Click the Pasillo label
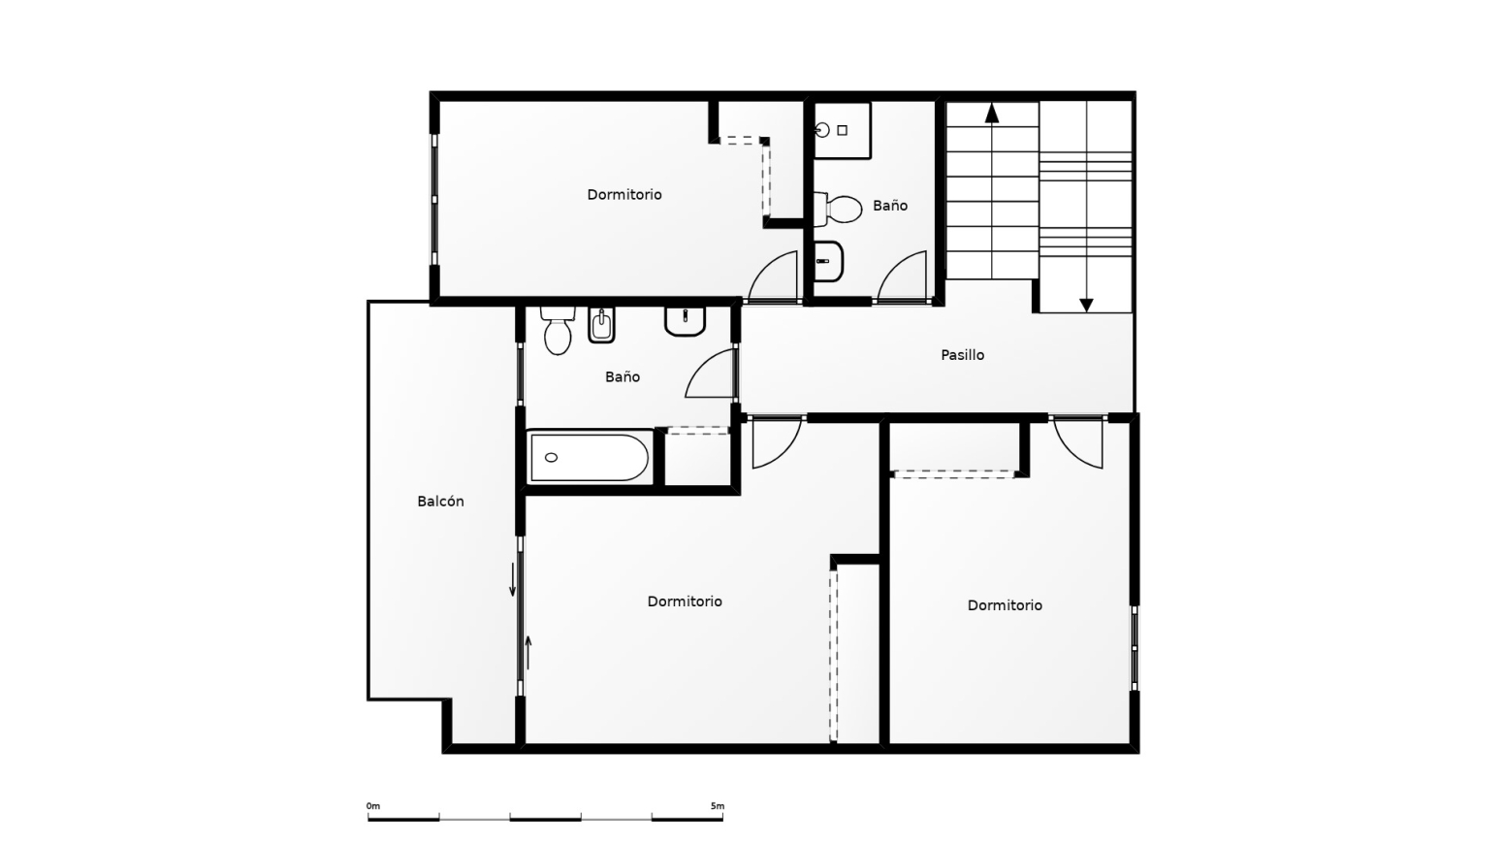[962, 355]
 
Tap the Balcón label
[440, 502]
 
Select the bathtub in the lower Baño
[589, 458]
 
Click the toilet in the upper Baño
[838, 209]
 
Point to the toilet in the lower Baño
[558, 330]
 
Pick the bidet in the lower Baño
[601, 325]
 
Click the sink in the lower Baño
[685, 321]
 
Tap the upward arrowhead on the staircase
[992, 113]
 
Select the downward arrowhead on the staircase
[1086, 306]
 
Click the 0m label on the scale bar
[373, 806]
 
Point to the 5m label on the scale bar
[718, 806]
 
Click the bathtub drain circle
[551, 458]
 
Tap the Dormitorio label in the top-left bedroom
[624, 195]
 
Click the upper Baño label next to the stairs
[890, 206]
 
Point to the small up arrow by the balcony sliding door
[528, 652]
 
